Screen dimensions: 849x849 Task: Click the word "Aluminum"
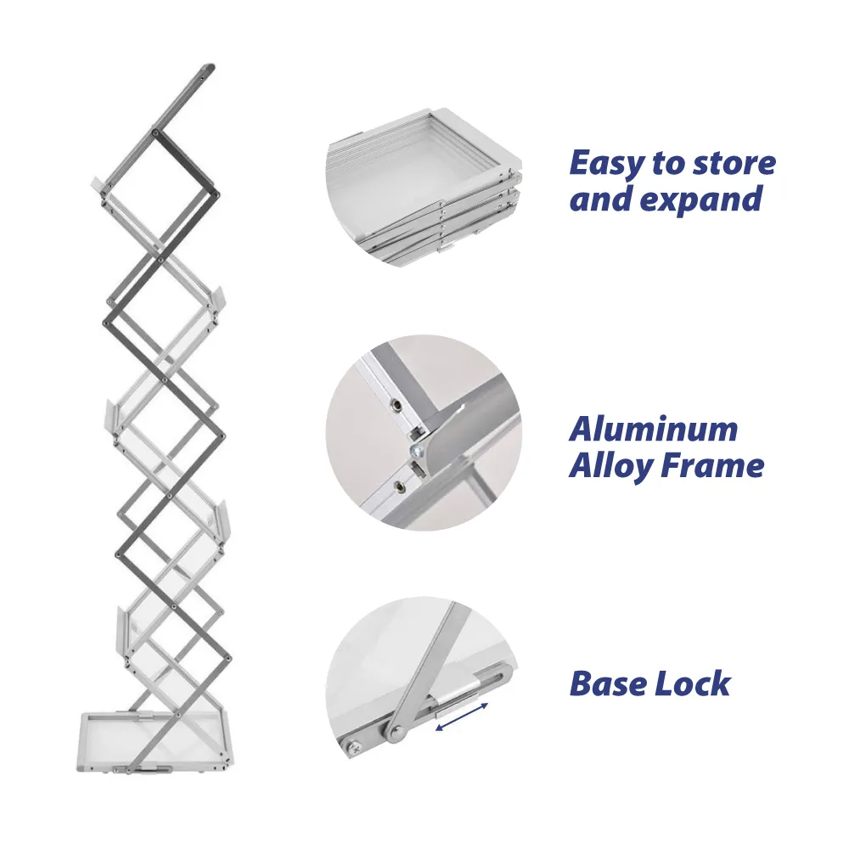point(653,429)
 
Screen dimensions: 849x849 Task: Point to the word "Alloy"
point(607,466)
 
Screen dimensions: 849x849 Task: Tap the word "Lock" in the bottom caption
point(693,683)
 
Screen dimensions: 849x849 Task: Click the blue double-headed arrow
point(462,716)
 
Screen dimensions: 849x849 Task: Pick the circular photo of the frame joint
point(424,432)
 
